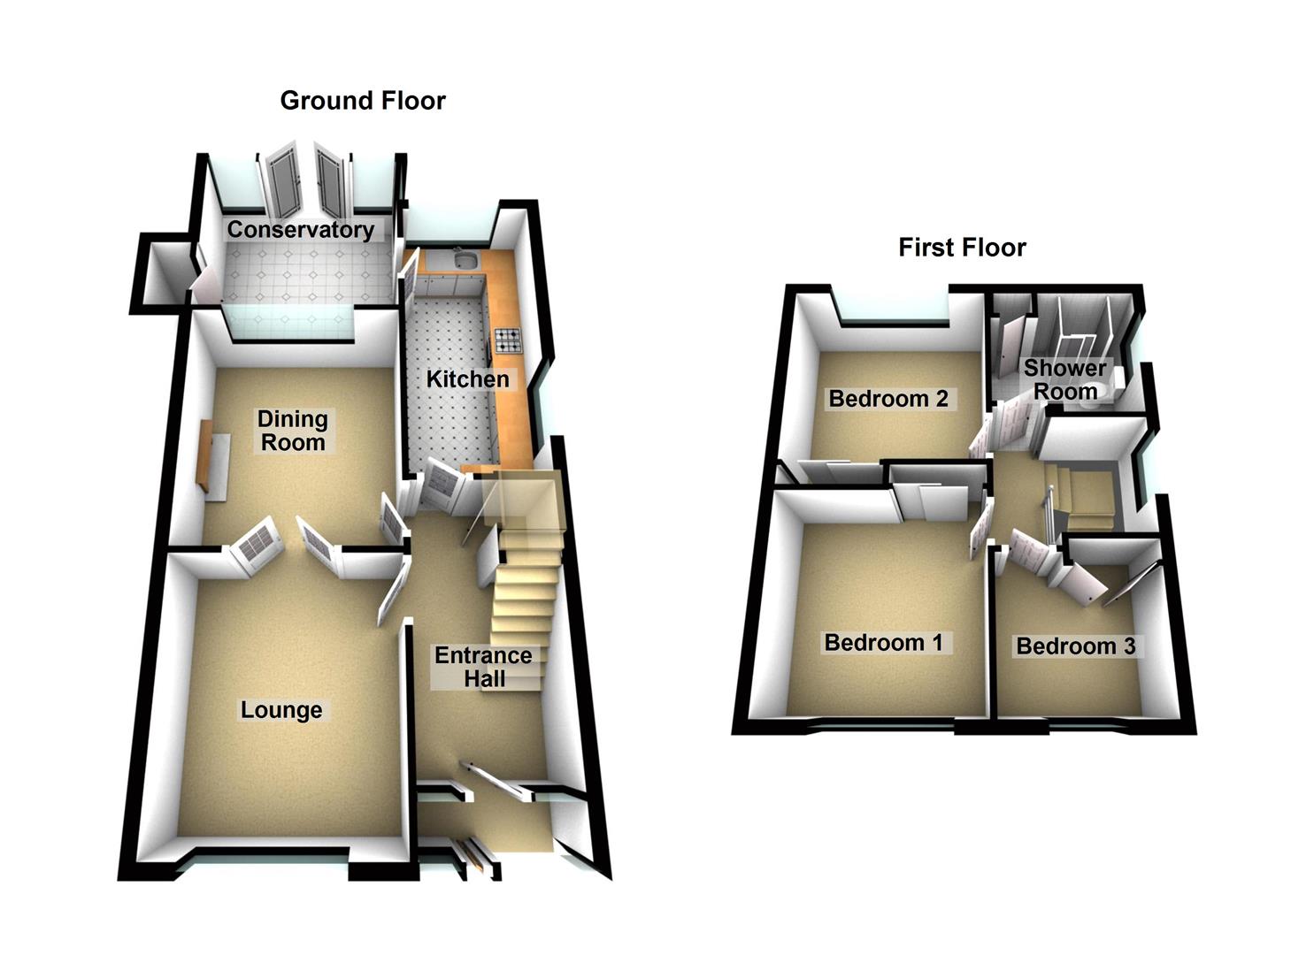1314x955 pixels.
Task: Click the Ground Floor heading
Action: [363, 101]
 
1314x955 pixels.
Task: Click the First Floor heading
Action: [962, 248]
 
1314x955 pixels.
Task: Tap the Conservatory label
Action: [300, 230]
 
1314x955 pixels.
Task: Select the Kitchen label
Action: [467, 379]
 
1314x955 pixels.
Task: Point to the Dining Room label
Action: [293, 431]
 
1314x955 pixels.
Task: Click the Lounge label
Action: [281, 710]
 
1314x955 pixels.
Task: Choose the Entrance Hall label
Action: [483, 667]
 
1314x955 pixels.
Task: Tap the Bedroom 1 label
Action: [883, 643]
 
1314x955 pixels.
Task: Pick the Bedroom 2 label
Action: [888, 399]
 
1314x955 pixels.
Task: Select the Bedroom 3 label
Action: [1076, 646]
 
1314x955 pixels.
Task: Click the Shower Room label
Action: [1065, 380]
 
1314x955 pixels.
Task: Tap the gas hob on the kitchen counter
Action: [508, 340]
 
